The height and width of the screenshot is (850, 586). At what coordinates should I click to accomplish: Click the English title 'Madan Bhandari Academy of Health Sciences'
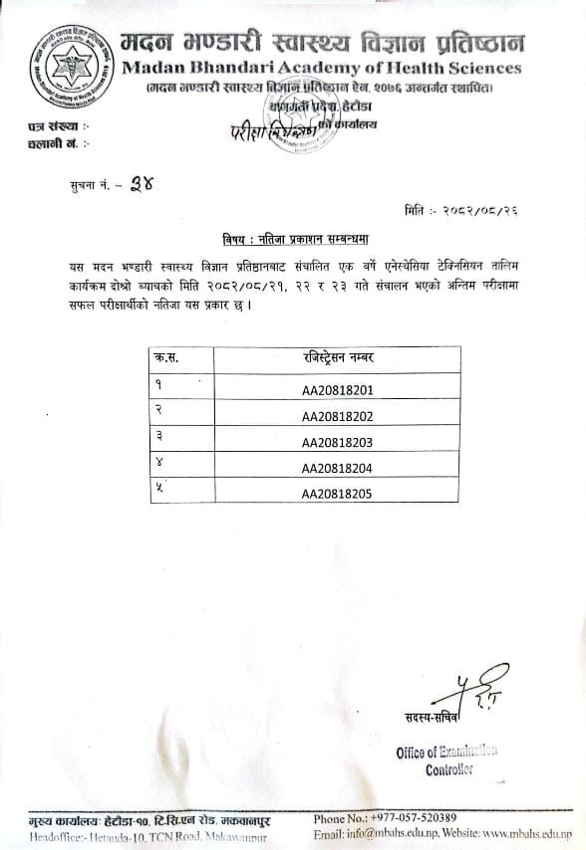coord(322,69)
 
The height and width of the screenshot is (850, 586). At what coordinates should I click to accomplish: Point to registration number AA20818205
coord(336,493)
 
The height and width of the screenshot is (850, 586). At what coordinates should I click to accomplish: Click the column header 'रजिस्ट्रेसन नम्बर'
coord(336,358)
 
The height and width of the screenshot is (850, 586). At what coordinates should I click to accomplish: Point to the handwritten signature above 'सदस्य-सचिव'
coord(480,688)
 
